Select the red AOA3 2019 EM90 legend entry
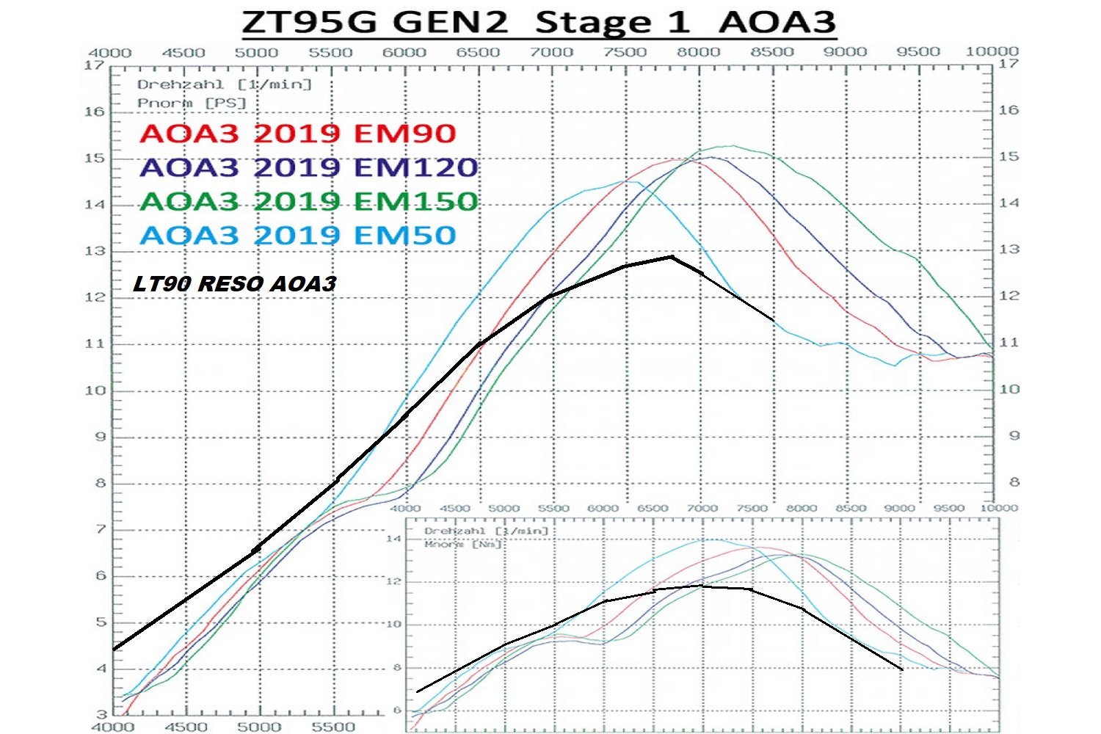pyautogui.click(x=297, y=134)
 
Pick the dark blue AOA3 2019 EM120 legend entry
pyautogui.click(x=308, y=167)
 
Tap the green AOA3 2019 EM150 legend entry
pyautogui.click(x=308, y=201)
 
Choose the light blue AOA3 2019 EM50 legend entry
pyautogui.click(x=297, y=236)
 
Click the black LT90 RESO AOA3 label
pyautogui.click(x=234, y=284)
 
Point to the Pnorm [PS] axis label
pyautogui.click(x=192, y=103)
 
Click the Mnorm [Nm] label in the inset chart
pyautogui.click(x=462, y=544)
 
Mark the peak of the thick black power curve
pyautogui.click(x=671, y=256)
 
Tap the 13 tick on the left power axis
pyautogui.click(x=95, y=251)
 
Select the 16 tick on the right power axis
pyautogui.click(x=1009, y=110)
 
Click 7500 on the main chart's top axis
pyautogui.click(x=625, y=52)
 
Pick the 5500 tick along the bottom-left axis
pyautogui.click(x=333, y=726)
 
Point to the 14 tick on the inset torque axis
pyautogui.click(x=394, y=539)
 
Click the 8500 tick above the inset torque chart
pyautogui.click(x=851, y=508)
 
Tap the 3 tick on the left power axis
pyautogui.click(x=101, y=714)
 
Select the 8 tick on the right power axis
pyautogui.click(x=1014, y=482)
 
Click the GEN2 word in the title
pyautogui.click(x=450, y=22)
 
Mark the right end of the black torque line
pyautogui.click(x=902, y=669)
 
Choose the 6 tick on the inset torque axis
pyautogui.click(x=397, y=710)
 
